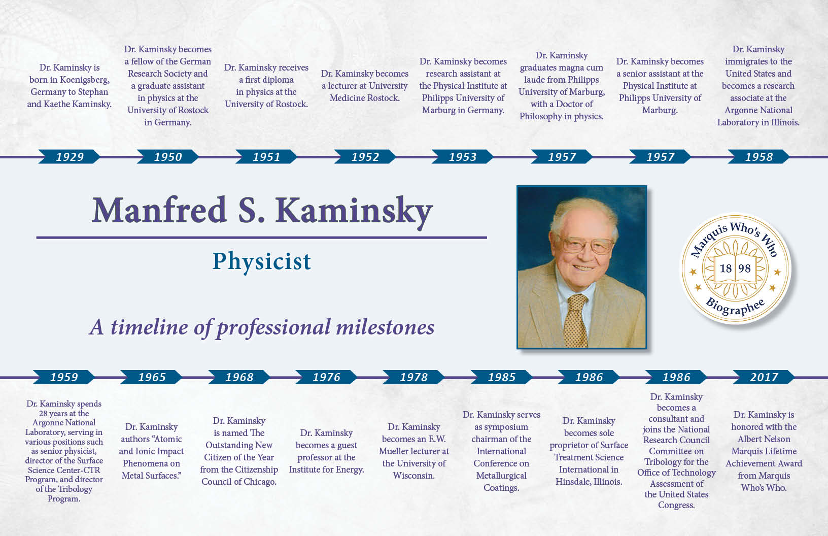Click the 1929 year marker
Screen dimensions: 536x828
(x=70, y=157)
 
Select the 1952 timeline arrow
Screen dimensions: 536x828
(x=365, y=157)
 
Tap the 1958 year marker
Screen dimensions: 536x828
(x=759, y=157)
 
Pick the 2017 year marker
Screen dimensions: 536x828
(x=764, y=377)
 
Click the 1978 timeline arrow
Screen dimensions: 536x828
(x=414, y=377)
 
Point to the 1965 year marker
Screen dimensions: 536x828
(x=152, y=377)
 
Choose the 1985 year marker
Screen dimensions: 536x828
(x=502, y=377)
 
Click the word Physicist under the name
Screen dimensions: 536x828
(x=261, y=261)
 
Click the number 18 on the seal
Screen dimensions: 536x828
(x=726, y=268)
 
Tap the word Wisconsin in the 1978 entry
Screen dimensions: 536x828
(x=413, y=476)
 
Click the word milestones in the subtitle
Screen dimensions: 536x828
(x=385, y=327)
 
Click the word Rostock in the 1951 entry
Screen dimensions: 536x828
(x=288, y=104)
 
